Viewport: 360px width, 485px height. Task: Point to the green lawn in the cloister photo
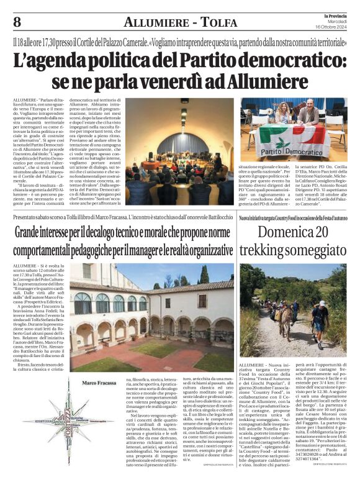coord(118,361)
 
